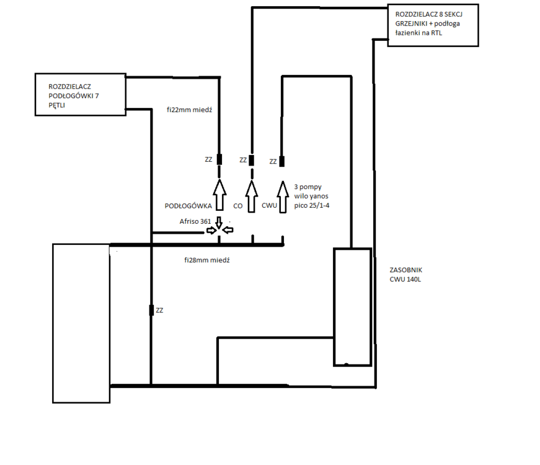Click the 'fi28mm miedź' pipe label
point(207,260)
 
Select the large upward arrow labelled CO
point(251,197)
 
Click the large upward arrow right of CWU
point(283,197)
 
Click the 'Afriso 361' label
point(195,221)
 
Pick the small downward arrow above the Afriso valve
point(219,221)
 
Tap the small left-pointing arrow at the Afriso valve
point(228,231)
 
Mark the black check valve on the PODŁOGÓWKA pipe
point(219,159)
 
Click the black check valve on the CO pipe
point(251,160)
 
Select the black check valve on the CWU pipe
point(282,161)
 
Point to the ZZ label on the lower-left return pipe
point(160,310)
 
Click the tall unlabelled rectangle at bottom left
point(81,323)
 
